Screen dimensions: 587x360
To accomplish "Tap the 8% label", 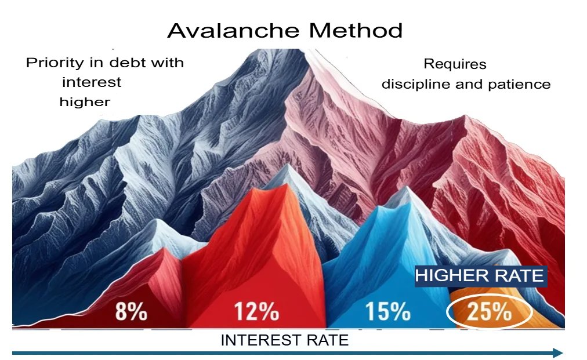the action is [131, 311].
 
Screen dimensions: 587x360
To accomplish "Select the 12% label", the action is [256, 311].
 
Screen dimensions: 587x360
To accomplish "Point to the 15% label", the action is [387, 311].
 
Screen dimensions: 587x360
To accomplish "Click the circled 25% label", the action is [489, 311].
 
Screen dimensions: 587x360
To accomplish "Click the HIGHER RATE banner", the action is [481, 276].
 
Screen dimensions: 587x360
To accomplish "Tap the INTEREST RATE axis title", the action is [285, 340].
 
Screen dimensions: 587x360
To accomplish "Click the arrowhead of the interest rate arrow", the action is [558, 353].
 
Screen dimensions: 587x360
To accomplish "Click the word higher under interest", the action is [85, 102].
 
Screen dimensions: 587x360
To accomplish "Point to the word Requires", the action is [455, 64].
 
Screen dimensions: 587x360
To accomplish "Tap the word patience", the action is [519, 84].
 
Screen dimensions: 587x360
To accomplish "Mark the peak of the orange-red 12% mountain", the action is [287, 184].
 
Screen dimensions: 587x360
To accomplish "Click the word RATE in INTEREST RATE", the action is [328, 340].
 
